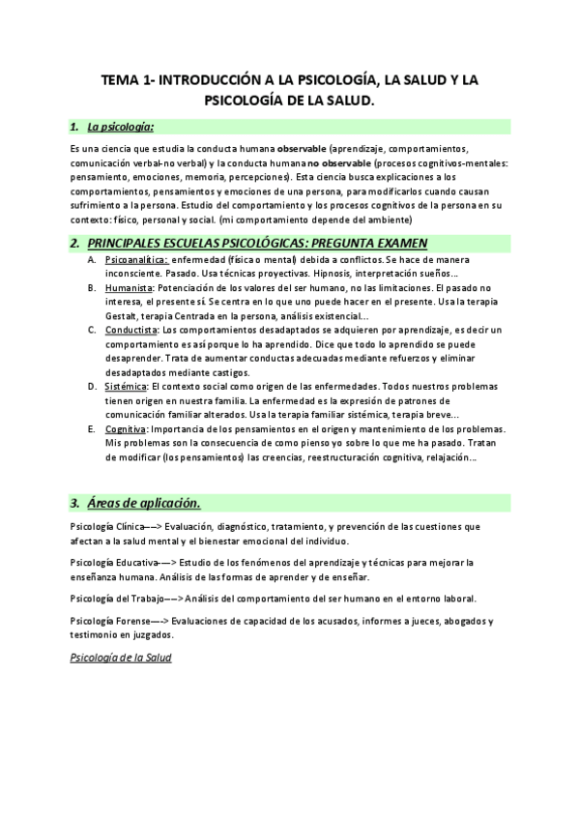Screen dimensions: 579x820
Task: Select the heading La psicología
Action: [x=120, y=126]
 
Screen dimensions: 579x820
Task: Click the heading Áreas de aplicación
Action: [x=143, y=503]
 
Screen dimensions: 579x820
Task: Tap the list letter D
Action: [x=91, y=387]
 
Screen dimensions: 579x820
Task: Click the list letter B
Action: [x=91, y=288]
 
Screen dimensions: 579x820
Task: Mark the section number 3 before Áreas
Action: [x=74, y=503]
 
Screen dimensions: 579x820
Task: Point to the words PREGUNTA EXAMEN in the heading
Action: [x=370, y=243]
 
